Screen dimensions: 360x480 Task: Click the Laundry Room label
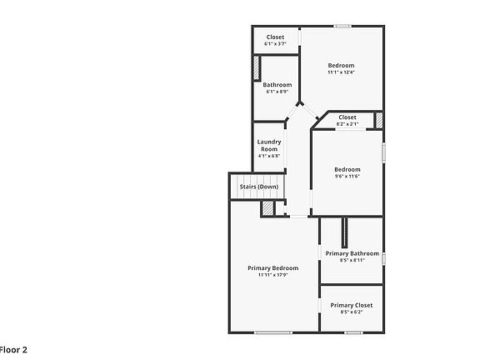(x=268, y=145)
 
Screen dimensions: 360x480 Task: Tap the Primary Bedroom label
(x=272, y=268)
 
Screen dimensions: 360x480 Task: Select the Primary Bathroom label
(x=352, y=253)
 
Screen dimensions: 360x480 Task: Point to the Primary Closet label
(x=351, y=305)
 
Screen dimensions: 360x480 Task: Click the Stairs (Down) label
(x=258, y=187)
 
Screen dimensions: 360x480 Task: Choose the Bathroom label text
(x=277, y=84)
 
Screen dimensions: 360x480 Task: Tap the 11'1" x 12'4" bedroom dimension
(x=340, y=73)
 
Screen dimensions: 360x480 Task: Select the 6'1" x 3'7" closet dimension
(x=275, y=44)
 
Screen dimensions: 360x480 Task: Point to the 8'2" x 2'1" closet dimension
(x=347, y=124)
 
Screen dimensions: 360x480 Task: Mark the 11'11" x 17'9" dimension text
(x=272, y=276)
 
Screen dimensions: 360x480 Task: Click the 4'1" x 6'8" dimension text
(x=268, y=156)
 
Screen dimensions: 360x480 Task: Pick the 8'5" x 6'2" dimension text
(x=351, y=313)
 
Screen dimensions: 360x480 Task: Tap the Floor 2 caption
(x=13, y=350)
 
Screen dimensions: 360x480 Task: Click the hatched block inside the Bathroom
(x=257, y=67)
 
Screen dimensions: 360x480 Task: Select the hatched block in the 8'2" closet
(x=378, y=120)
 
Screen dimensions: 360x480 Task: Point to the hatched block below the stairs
(x=267, y=208)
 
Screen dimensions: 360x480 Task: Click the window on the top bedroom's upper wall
(x=342, y=27)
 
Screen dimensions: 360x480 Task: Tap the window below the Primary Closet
(x=353, y=333)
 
